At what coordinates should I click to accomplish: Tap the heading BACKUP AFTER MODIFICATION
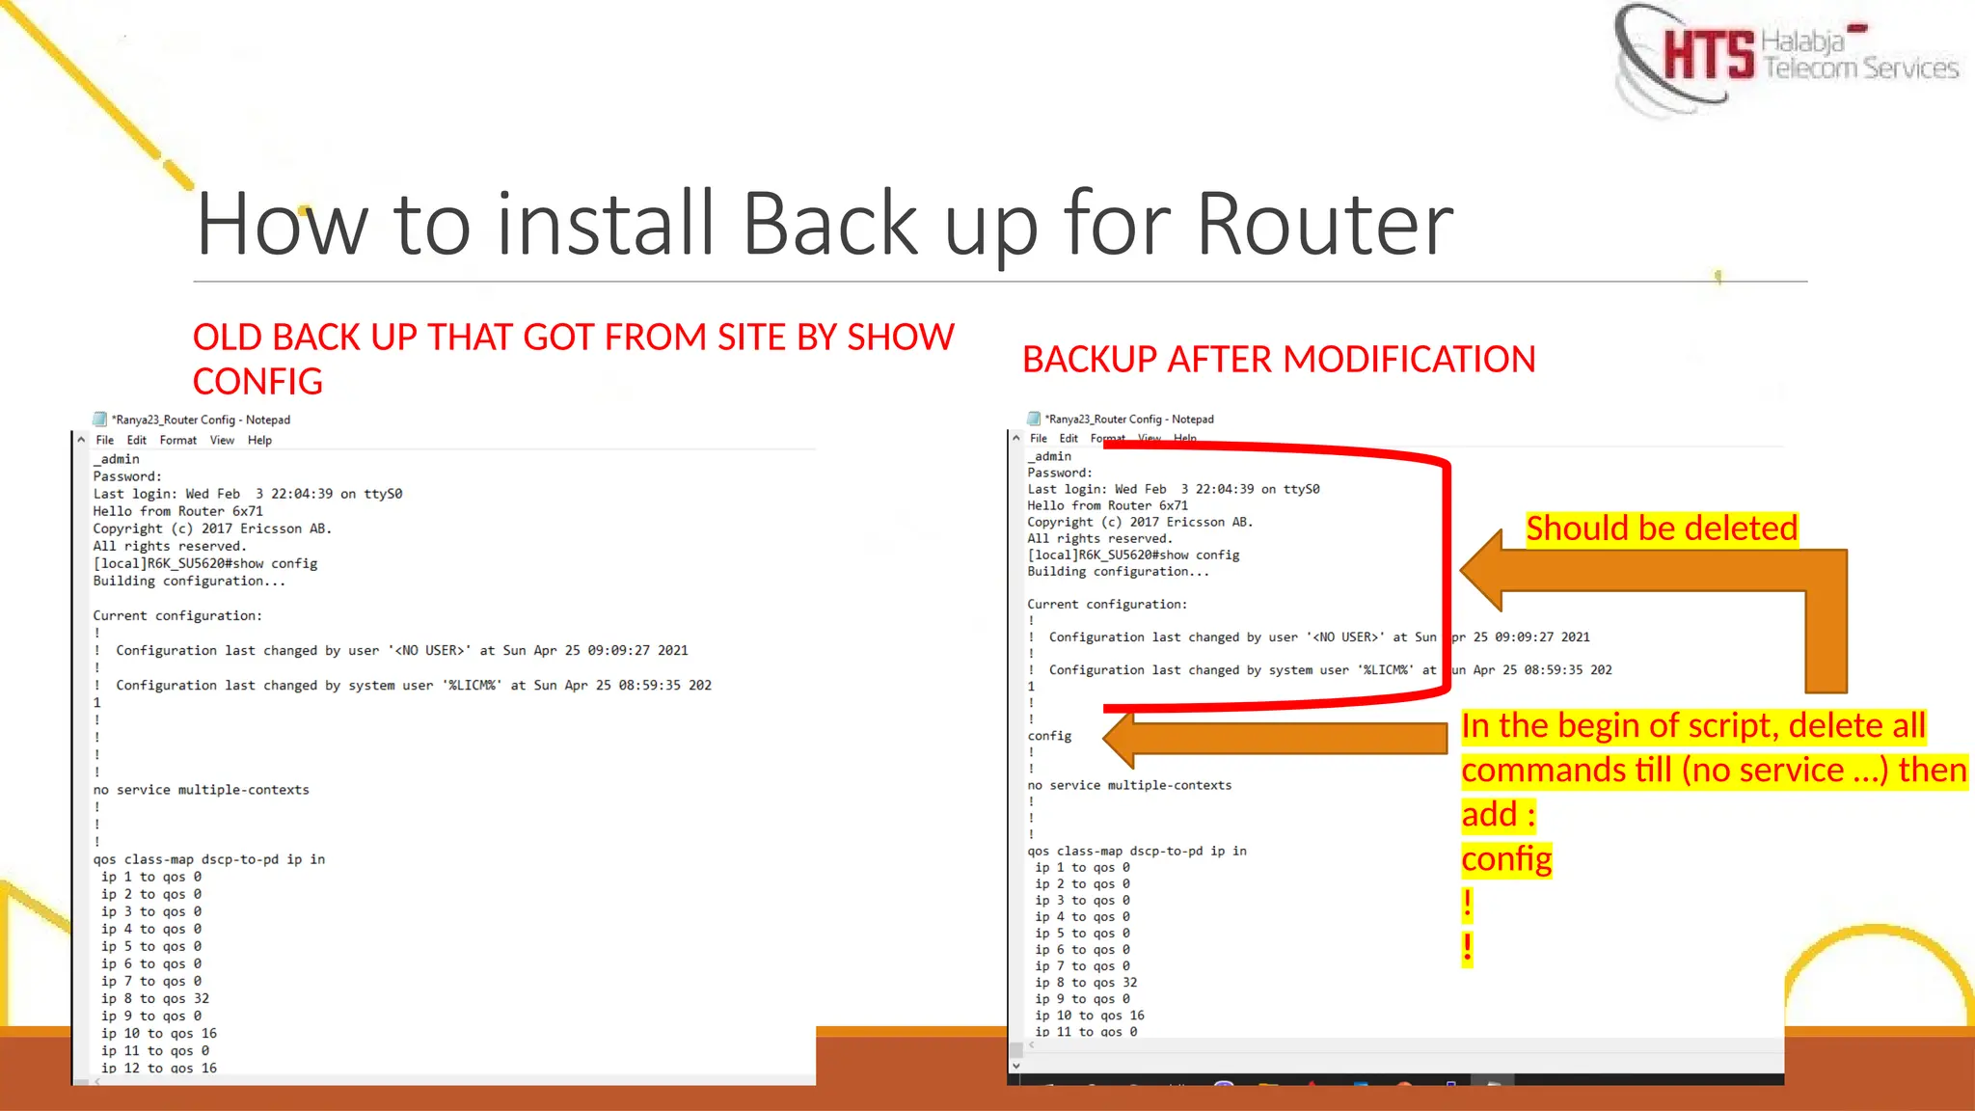[1279, 360]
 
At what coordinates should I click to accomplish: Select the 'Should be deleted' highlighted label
[1662, 528]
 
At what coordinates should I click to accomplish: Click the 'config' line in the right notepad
[1049, 736]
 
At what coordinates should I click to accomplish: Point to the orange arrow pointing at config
[1273, 738]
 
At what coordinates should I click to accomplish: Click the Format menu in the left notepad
[178, 441]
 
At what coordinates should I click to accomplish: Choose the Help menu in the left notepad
[259, 441]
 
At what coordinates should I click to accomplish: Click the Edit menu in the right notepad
[1069, 439]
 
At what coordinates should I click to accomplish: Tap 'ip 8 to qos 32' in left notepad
[154, 999]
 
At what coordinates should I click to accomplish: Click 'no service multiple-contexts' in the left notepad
[202, 790]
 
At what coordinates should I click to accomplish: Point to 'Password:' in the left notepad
[127, 476]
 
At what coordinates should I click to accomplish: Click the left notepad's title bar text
[201, 420]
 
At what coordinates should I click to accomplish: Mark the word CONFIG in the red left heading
[257, 382]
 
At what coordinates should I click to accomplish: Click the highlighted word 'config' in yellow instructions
[1506, 859]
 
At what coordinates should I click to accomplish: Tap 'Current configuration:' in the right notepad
[1107, 605]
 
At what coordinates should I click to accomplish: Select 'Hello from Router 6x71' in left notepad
[177, 511]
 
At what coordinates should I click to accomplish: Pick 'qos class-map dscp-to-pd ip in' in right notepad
[1137, 852]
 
